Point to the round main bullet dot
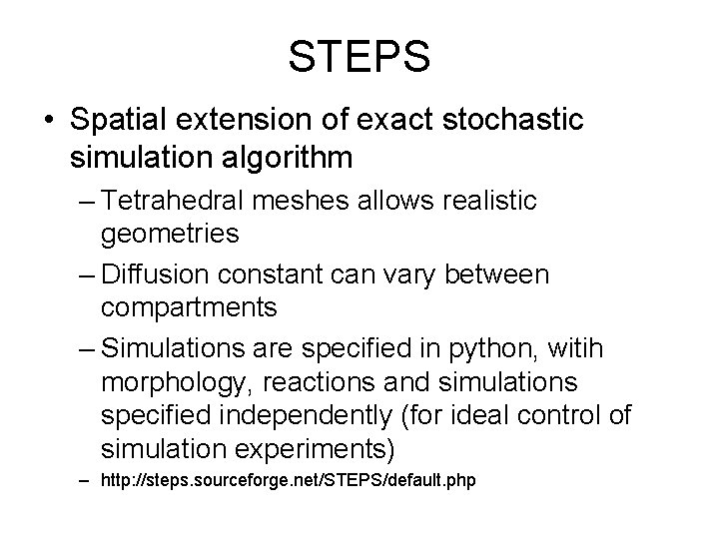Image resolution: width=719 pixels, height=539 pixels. click(x=50, y=121)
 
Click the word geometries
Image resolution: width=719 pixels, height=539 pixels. click(x=170, y=235)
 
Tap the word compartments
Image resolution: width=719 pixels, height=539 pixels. click(x=190, y=306)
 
